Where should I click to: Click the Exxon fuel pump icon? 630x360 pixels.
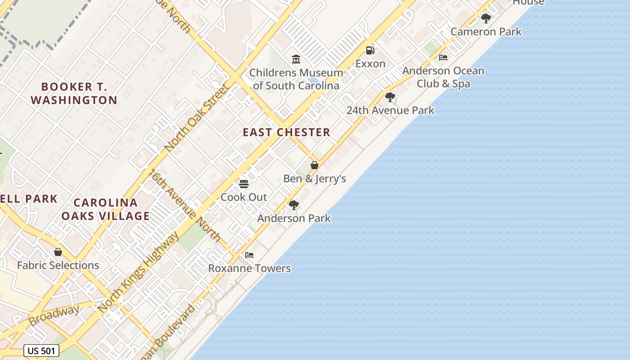click(370, 50)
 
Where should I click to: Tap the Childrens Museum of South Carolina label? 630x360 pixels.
click(296, 79)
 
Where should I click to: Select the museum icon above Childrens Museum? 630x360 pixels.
click(296, 59)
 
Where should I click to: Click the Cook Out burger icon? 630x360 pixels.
click(244, 184)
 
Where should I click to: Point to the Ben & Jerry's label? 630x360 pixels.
click(315, 179)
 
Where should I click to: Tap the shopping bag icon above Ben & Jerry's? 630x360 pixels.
click(315, 165)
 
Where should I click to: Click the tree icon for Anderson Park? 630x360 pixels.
click(294, 205)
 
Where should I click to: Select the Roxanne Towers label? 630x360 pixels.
click(249, 269)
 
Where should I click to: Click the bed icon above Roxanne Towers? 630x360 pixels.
click(249, 255)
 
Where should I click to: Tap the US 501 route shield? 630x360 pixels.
click(41, 351)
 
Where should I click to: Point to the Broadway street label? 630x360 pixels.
click(54, 315)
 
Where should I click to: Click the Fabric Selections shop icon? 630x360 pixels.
click(58, 252)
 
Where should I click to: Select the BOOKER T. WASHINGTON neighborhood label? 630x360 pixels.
click(74, 93)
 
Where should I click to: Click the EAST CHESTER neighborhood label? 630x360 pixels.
click(287, 132)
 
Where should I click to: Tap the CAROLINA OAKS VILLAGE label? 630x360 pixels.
click(105, 209)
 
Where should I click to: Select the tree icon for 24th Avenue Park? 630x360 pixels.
click(390, 97)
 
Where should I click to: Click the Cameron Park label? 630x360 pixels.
click(486, 31)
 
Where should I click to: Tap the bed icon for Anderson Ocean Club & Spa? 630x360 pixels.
click(443, 58)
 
